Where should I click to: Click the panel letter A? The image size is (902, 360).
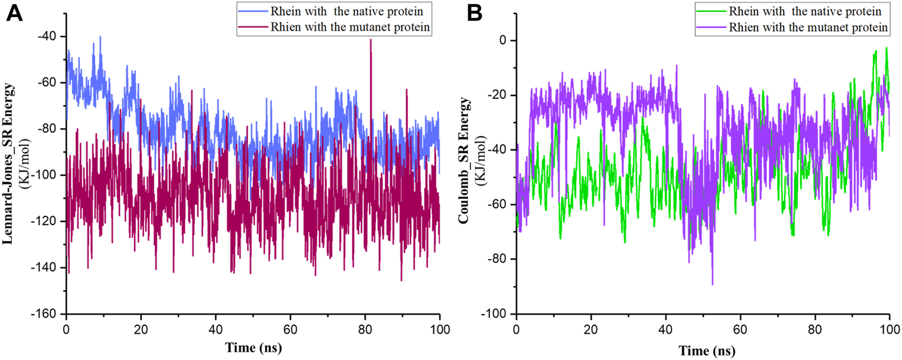point(14,12)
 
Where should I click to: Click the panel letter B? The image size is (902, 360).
point(475,12)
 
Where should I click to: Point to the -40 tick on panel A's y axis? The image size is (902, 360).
point(48,37)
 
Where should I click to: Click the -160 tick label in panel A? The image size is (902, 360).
point(45,314)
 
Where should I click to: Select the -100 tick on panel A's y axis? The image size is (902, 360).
point(45,175)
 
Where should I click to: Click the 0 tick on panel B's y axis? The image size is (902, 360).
point(503,40)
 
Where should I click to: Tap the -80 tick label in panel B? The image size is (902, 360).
point(497,259)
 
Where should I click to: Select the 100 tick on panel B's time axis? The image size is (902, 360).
point(889,330)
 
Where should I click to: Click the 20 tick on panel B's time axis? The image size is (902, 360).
point(591,330)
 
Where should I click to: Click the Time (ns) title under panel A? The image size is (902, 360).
point(253,348)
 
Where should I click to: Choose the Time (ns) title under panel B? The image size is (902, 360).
point(706,351)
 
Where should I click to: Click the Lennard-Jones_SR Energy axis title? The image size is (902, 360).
point(8,163)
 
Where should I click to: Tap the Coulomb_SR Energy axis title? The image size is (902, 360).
point(464,160)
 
